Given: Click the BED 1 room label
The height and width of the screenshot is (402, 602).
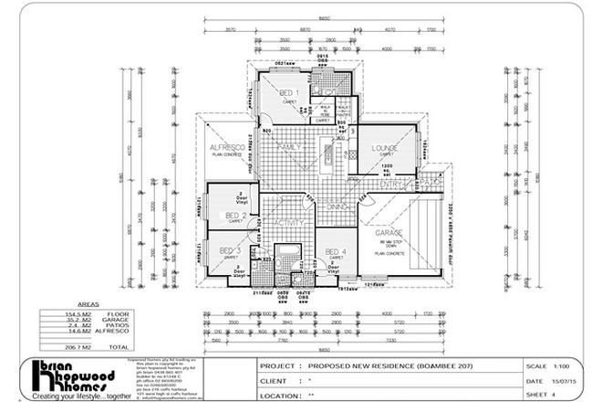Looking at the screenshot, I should point(287,95).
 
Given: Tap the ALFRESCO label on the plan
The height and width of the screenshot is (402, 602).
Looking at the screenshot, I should point(225,147).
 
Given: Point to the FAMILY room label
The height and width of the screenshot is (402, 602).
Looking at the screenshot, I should point(290,146).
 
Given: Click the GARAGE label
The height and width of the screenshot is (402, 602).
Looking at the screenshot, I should point(389,234).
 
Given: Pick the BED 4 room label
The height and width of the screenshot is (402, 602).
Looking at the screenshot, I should point(336,252).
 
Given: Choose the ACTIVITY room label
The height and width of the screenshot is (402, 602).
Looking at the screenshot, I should point(288,222).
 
